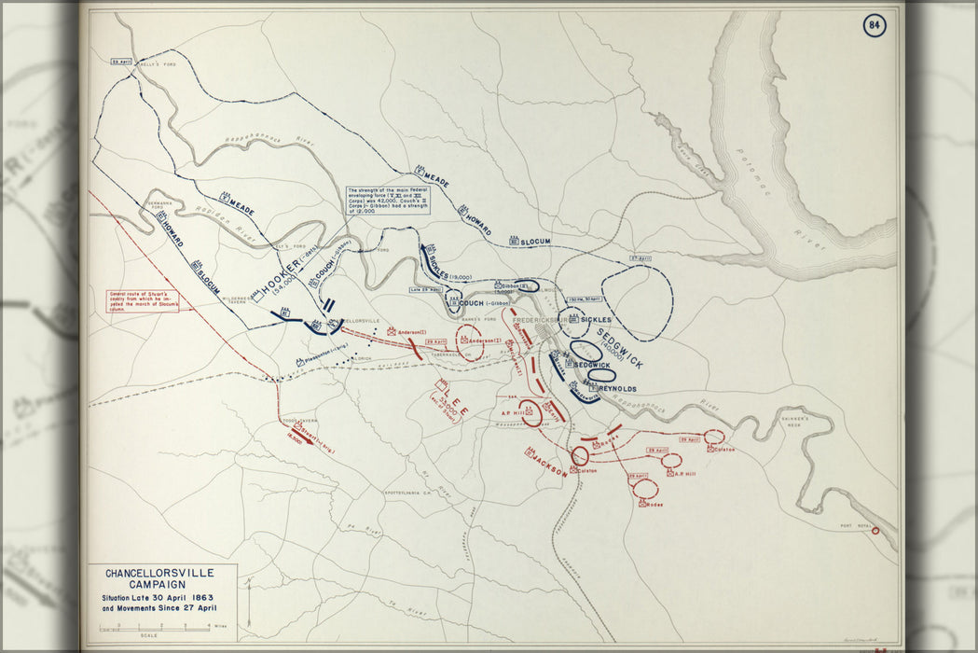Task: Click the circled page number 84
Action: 874,24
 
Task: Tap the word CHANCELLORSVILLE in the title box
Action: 159,573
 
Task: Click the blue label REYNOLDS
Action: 616,387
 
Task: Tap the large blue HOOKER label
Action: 279,271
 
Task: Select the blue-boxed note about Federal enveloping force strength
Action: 388,199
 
